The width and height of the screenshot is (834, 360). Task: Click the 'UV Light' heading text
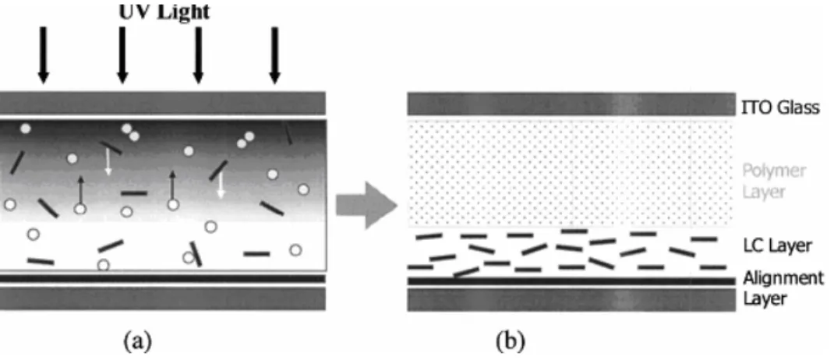pyautogui.click(x=164, y=11)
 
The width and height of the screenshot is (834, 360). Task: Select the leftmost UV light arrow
pyautogui.click(x=44, y=55)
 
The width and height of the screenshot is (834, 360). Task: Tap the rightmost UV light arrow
pyautogui.click(x=274, y=55)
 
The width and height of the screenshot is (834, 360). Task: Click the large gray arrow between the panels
pyautogui.click(x=368, y=205)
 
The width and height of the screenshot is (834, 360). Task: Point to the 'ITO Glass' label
pyautogui.click(x=781, y=108)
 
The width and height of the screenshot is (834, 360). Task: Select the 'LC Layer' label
pyautogui.click(x=777, y=245)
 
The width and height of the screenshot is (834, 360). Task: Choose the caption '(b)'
pyautogui.click(x=511, y=340)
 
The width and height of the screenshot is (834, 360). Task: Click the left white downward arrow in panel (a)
pyautogui.click(x=108, y=161)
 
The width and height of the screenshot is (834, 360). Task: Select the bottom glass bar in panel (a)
pyautogui.click(x=162, y=298)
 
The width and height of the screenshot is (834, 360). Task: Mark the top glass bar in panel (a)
pyautogui.click(x=162, y=103)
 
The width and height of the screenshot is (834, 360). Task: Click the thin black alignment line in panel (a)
pyautogui.click(x=162, y=278)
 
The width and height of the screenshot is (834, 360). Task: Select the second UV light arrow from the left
pyautogui.click(x=122, y=55)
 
